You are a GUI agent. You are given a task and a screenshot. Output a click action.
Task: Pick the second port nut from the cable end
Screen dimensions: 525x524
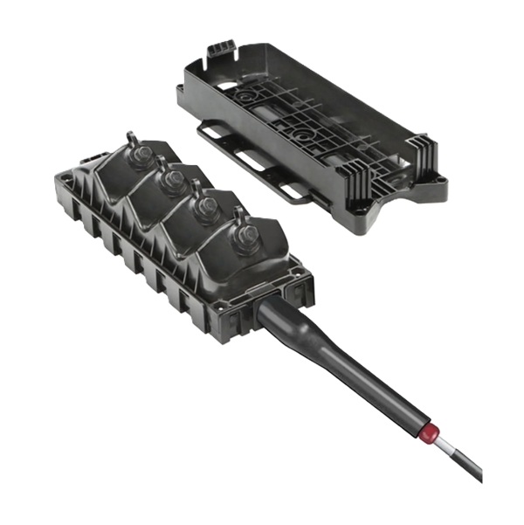(x=208, y=208)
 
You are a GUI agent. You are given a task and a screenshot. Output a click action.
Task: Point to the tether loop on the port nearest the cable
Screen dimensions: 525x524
(x=238, y=215)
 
